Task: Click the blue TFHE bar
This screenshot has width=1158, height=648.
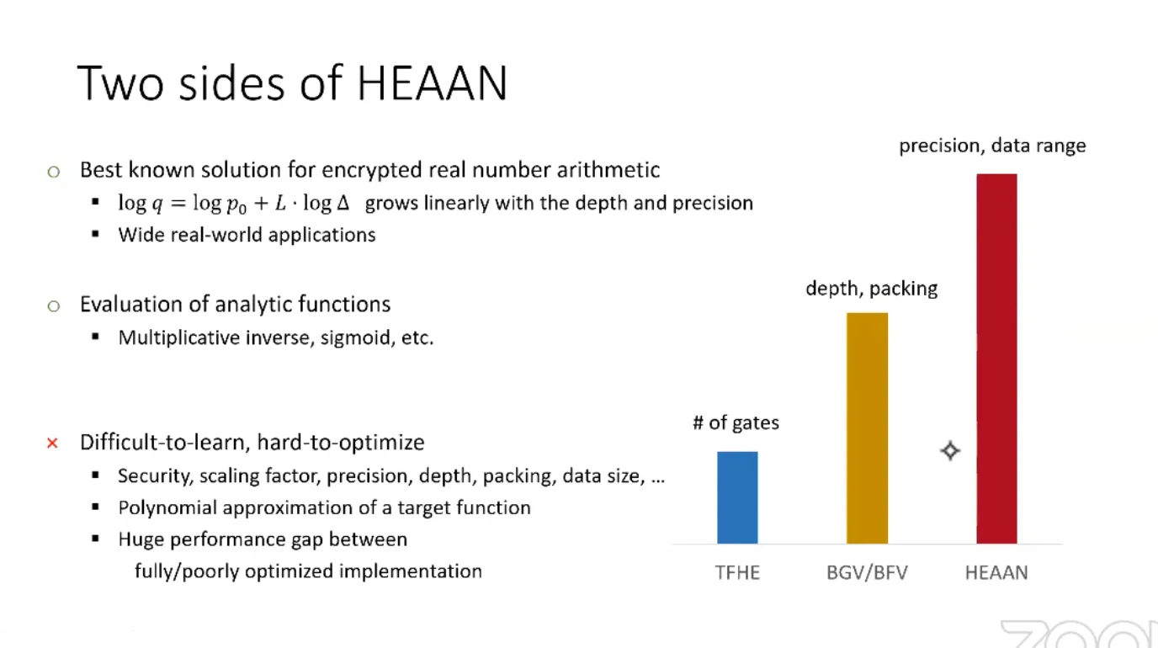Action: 737,497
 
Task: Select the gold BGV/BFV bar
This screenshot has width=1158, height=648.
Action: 867,428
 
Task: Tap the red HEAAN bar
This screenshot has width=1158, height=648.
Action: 996,359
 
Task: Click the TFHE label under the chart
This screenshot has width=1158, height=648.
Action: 737,572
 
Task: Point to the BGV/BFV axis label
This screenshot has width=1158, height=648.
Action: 867,572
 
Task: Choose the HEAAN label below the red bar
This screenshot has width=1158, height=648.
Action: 996,572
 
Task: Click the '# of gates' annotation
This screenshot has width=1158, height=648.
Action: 736,422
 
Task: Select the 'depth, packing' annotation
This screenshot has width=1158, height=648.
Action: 872,289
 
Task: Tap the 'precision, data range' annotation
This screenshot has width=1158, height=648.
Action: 992,146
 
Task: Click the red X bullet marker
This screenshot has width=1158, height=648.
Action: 52,444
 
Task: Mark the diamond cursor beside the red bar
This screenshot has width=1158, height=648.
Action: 950,451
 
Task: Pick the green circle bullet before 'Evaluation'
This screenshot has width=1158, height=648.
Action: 53,306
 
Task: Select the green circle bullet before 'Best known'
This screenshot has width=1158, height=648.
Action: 53,172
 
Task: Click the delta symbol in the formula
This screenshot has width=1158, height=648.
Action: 343,203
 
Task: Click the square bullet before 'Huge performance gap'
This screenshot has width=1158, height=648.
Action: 95,538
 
